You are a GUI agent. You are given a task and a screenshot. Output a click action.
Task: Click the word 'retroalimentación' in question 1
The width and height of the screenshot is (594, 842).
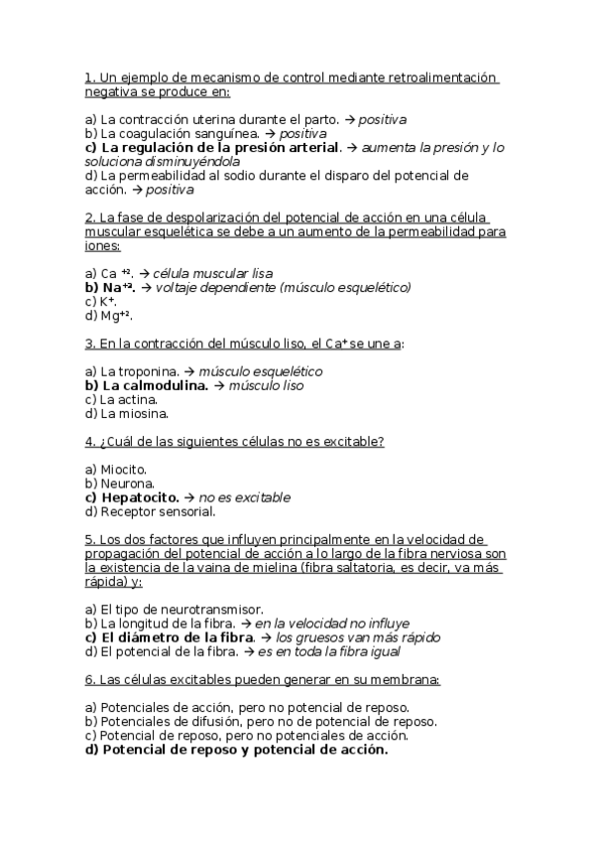point(436,77)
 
